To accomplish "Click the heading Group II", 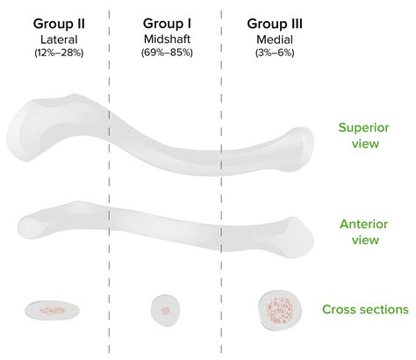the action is point(59,24).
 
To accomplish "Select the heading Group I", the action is point(167,24).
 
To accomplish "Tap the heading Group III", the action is point(275,24).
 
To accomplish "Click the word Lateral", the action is point(59,40).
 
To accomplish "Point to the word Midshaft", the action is point(167,39).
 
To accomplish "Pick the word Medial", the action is point(275,40).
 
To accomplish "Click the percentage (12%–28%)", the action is point(59,53).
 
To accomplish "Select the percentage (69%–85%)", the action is point(167,53).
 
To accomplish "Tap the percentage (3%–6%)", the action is point(275,53).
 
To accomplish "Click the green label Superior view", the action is point(364,135).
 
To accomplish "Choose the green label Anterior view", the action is point(364,232).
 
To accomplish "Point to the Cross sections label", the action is point(365,309).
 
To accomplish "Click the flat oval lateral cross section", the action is point(52,310).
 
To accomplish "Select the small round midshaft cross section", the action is point(165,310).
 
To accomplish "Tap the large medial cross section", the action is point(280,310).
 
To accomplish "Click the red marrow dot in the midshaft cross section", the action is point(166,310).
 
